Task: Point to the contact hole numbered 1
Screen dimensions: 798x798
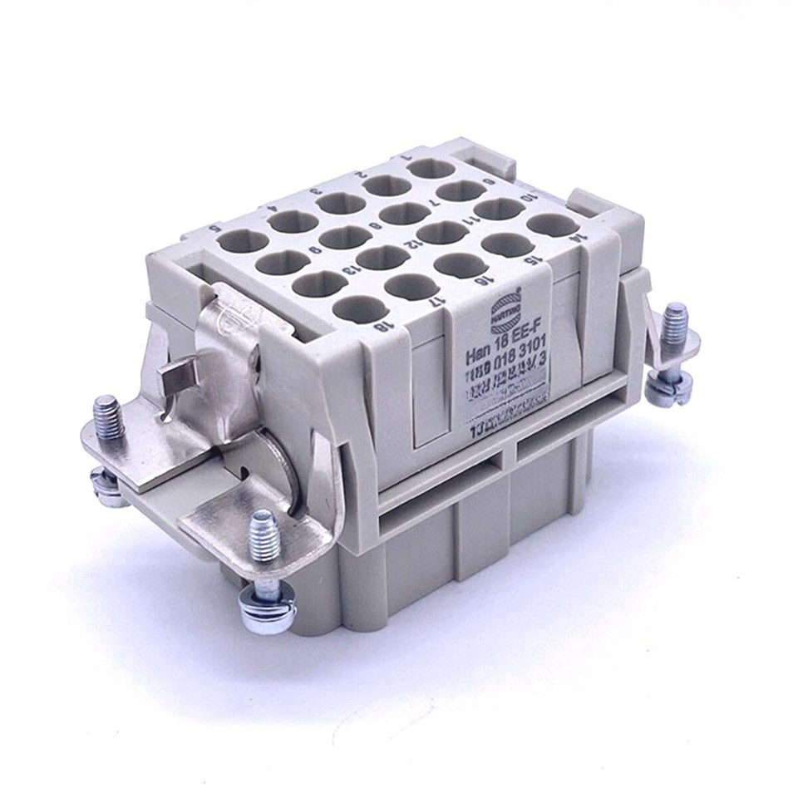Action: pyautogui.click(x=430, y=169)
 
